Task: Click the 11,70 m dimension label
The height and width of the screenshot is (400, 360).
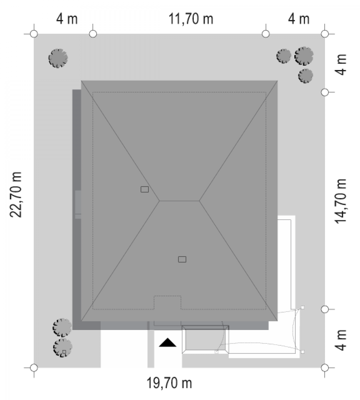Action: click(191, 19)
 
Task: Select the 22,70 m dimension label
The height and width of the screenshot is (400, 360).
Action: click(16, 195)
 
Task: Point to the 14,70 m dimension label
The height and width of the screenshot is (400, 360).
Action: click(341, 201)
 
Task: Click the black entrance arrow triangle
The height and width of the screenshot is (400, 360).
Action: click(168, 342)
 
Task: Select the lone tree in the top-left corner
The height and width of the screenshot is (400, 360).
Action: click(58, 58)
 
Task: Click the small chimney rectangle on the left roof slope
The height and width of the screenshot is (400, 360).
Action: click(145, 189)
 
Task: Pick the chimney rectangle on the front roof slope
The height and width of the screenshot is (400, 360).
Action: click(182, 259)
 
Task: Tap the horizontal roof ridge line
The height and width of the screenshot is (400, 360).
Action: click(179, 201)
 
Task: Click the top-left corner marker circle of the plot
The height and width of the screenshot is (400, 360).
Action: click(34, 34)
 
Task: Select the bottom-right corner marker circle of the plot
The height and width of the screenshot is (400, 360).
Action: click(325, 367)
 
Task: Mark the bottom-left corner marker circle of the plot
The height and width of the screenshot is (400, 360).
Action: click(34, 367)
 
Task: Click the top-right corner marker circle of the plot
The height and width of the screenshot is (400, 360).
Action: click(325, 34)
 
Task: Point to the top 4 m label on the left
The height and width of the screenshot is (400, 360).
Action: click(67, 19)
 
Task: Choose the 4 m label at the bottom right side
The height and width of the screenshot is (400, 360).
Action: click(341, 340)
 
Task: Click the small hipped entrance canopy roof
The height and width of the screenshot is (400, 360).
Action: click(205, 340)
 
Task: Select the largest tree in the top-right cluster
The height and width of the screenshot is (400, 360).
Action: click(304, 56)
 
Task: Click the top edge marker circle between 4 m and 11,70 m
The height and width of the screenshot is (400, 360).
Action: click(93, 34)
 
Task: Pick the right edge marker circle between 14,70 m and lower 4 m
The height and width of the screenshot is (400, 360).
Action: click(325, 309)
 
